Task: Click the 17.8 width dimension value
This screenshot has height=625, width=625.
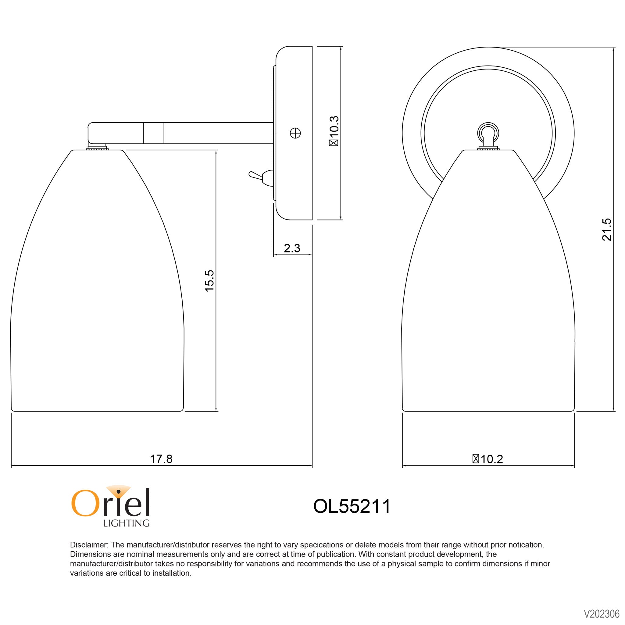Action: pyautogui.click(x=161, y=459)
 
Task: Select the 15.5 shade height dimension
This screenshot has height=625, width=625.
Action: pyautogui.click(x=210, y=281)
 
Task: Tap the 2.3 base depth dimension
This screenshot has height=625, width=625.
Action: pyautogui.click(x=292, y=248)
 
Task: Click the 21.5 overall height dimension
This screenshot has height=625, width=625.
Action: pyautogui.click(x=607, y=229)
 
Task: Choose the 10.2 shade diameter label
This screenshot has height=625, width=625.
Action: pyautogui.click(x=488, y=459)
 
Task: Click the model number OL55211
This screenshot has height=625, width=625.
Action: pyautogui.click(x=352, y=506)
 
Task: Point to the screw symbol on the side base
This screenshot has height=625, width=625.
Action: pyautogui.click(x=295, y=133)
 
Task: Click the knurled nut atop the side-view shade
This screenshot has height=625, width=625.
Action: pyautogui.click(x=97, y=148)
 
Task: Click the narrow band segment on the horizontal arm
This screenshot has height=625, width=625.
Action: pyautogui.click(x=154, y=133)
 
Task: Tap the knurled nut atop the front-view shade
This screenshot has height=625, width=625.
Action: pyautogui.click(x=488, y=148)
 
